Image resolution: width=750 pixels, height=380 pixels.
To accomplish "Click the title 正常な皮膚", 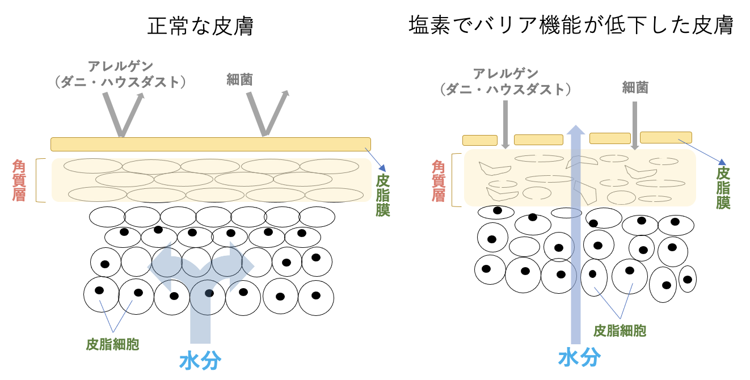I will pyautogui.click(x=200, y=27).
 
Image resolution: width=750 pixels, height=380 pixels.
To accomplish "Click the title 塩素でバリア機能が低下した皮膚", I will pyautogui.click(x=571, y=26).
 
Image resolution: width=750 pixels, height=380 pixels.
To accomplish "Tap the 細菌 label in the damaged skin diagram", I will pyautogui.click(x=635, y=87).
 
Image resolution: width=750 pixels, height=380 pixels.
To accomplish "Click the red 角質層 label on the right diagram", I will pyautogui.click(x=439, y=181).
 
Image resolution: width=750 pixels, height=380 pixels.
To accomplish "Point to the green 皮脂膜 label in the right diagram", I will pyautogui.click(x=723, y=188).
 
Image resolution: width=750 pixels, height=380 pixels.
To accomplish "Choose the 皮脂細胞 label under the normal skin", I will pyautogui.click(x=113, y=344).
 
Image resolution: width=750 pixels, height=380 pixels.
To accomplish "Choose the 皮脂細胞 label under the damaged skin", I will pyautogui.click(x=620, y=330).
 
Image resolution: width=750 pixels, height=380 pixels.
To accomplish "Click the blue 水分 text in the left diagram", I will pyautogui.click(x=200, y=361).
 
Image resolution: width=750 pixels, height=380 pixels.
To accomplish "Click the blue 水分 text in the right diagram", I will pyautogui.click(x=579, y=357).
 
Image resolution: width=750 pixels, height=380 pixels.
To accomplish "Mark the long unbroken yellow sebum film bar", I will pyautogui.click(x=210, y=144).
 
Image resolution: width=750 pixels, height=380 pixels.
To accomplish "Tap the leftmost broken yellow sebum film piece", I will pyautogui.click(x=480, y=140).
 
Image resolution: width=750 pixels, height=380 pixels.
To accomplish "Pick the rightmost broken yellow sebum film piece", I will pyautogui.click(x=665, y=137).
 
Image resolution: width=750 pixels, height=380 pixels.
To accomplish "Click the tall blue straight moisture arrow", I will pyautogui.click(x=576, y=238).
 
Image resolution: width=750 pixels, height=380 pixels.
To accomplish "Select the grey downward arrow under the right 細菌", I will pyautogui.click(x=635, y=125).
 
